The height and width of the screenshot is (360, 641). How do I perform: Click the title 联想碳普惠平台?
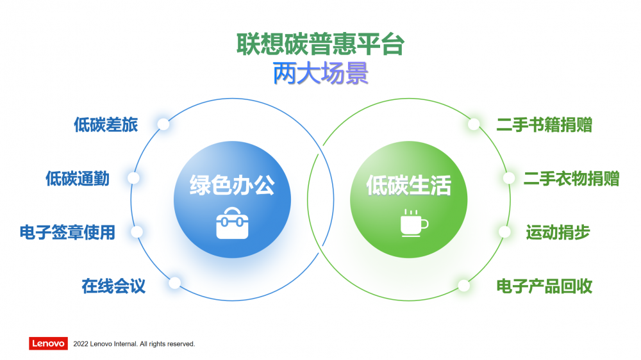[x=320, y=44]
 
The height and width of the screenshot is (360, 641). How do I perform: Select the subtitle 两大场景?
[x=320, y=73]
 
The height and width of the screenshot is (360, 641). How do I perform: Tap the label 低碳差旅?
[x=106, y=125]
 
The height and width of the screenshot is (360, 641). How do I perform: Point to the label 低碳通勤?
[x=78, y=179]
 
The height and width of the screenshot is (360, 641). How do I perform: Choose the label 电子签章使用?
[x=67, y=232]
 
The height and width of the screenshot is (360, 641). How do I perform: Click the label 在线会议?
[x=113, y=286]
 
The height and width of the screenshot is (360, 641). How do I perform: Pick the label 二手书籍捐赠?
[x=544, y=125]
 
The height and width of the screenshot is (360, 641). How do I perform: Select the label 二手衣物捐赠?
[x=572, y=179]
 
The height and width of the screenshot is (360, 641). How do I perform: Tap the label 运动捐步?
[x=558, y=232]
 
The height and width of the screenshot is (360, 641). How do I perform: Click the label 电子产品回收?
[x=544, y=286]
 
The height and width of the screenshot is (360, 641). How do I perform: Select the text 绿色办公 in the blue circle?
[x=232, y=185]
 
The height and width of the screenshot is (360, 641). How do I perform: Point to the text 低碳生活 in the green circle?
[x=408, y=185]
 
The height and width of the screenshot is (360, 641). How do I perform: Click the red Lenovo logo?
[x=48, y=343]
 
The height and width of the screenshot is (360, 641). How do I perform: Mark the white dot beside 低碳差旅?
[x=163, y=124]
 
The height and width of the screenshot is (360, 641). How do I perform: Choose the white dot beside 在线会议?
[x=175, y=282]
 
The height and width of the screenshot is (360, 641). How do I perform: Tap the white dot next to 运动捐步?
[x=505, y=232]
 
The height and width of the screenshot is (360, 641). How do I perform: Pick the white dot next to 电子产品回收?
[x=464, y=286]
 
